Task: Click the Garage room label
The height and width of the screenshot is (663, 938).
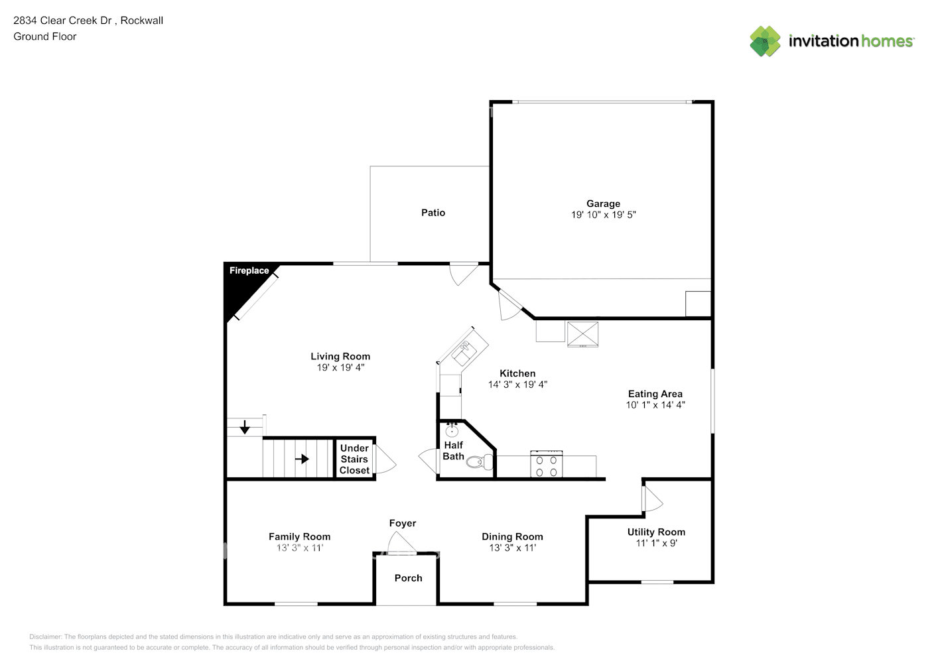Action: (603, 204)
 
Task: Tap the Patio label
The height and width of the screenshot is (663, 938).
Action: (433, 212)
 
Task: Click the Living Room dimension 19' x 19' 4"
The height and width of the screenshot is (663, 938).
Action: (340, 367)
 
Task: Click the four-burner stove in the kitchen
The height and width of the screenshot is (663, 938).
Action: (547, 465)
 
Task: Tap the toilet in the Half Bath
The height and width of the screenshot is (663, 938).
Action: (476, 461)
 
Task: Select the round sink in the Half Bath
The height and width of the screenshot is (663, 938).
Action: (452, 430)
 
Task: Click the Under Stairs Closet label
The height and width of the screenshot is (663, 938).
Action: (354, 459)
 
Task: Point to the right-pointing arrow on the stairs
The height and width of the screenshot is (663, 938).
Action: (302, 459)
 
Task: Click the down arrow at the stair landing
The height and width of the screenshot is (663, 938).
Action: (245, 428)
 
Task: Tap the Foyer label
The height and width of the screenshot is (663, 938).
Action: (403, 523)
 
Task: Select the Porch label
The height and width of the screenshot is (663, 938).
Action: (408, 578)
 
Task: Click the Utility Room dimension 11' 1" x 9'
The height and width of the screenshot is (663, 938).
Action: (656, 543)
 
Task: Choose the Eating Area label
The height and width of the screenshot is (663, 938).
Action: (655, 394)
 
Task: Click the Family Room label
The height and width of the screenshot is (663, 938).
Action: (299, 536)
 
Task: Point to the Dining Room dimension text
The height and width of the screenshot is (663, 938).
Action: (512, 548)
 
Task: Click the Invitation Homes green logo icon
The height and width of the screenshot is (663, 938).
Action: (766, 41)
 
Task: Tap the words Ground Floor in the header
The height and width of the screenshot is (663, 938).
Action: (45, 36)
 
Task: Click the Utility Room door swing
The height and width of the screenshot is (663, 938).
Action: (653, 500)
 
